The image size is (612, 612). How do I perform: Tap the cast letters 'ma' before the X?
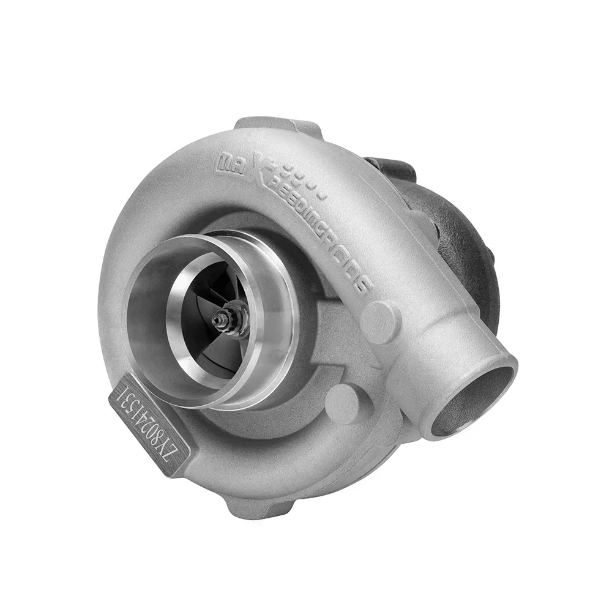(x=226, y=163)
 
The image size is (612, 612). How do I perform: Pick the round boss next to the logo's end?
(x=379, y=321)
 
